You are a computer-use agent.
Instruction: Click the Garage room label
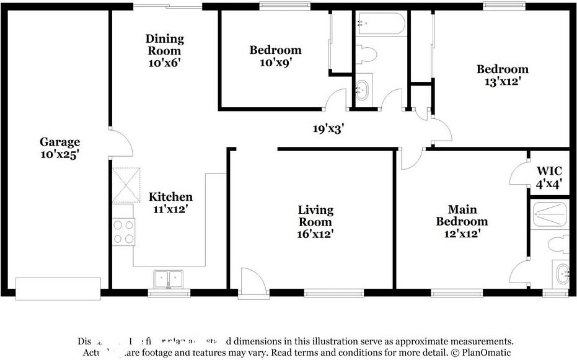(x=60, y=142)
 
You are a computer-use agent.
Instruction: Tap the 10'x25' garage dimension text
(x=60, y=155)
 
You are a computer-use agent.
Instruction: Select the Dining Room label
(x=165, y=45)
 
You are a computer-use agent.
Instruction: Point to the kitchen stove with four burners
(x=124, y=232)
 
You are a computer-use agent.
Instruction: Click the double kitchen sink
(x=167, y=279)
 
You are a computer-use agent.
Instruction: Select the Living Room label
(x=315, y=216)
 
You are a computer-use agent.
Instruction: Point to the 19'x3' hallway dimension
(x=328, y=129)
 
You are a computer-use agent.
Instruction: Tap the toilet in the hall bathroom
(x=367, y=55)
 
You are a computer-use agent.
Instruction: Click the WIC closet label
(x=548, y=171)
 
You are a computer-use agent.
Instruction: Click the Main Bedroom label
(x=462, y=216)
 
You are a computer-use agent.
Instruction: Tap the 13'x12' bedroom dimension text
(x=502, y=81)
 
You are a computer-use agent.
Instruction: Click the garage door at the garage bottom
(x=58, y=288)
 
